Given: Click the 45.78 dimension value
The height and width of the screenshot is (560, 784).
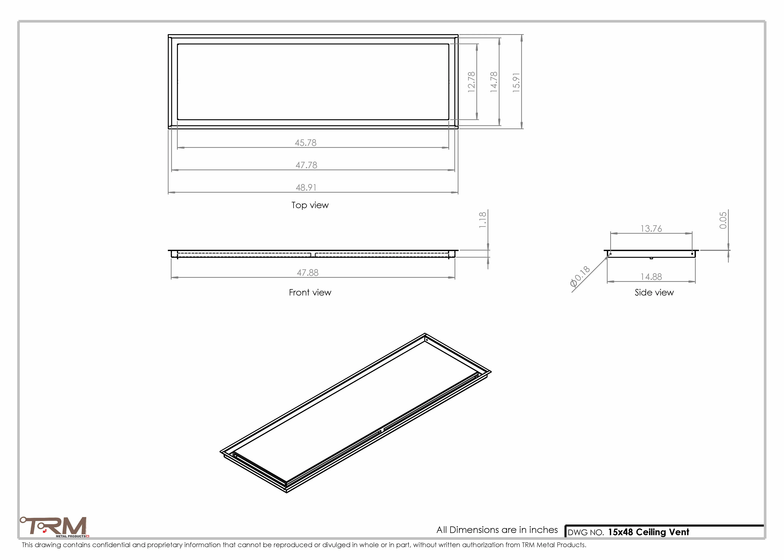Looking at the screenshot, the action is pyautogui.click(x=305, y=143).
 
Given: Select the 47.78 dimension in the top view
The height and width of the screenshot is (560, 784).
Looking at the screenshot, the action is pyautogui.click(x=306, y=165).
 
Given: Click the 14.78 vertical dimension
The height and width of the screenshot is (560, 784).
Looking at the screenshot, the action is pyautogui.click(x=494, y=82).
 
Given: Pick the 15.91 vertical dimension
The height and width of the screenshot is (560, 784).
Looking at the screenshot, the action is pyautogui.click(x=516, y=82).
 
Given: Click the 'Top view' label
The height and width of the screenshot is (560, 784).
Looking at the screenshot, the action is pyautogui.click(x=310, y=205).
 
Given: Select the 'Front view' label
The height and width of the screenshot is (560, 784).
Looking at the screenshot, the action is pyautogui.click(x=310, y=293).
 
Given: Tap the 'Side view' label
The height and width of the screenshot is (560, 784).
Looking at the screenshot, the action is pyautogui.click(x=654, y=293).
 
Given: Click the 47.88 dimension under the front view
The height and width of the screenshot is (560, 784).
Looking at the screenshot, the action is pyautogui.click(x=307, y=273).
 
